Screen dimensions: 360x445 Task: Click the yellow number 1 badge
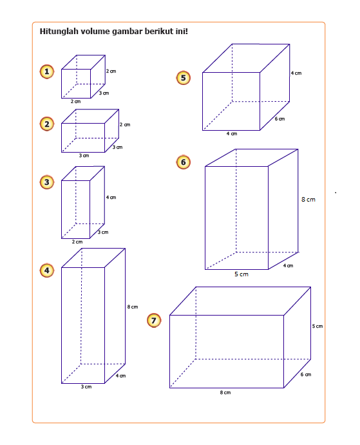click(47, 71)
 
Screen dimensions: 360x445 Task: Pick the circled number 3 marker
click(47, 182)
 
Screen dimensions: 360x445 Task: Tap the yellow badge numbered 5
click(184, 78)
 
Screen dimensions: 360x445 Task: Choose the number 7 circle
click(154, 321)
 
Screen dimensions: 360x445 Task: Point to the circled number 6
click(184, 162)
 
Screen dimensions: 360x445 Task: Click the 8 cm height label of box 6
click(308, 200)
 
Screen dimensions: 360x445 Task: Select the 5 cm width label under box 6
click(242, 274)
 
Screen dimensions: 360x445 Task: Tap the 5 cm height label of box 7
click(317, 326)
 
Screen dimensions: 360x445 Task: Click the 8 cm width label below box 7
click(225, 392)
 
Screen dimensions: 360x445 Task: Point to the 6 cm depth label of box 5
click(279, 119)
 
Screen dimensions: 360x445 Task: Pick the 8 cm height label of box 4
click(133, 307)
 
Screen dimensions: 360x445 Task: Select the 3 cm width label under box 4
click(86, 386)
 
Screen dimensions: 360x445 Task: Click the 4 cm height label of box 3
click(111, 197)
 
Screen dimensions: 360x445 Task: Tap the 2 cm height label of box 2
click(125, 124)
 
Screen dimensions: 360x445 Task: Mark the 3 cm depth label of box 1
click(104, 93)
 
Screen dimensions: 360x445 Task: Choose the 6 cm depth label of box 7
click(306, 375)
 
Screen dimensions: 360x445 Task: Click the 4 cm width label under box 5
click(232, 134)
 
